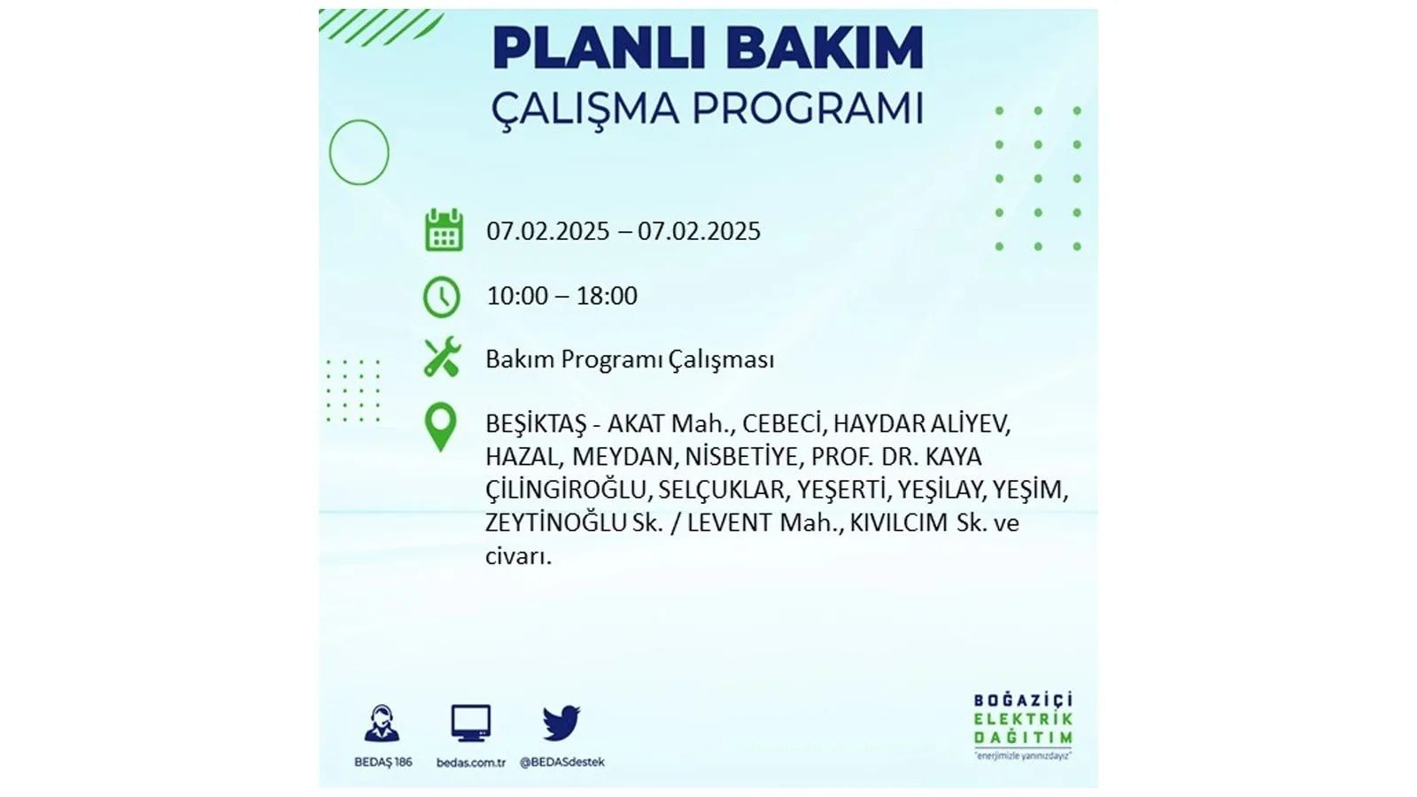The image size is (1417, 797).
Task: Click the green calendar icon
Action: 444,230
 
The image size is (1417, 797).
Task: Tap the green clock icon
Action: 442,297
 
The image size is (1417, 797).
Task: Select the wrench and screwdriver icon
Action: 442,358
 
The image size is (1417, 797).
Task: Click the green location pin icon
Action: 440,427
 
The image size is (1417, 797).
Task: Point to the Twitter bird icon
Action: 561,723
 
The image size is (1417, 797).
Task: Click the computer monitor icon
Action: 470,723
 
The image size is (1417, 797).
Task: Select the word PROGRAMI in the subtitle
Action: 808,109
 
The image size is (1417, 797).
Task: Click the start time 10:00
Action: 517,296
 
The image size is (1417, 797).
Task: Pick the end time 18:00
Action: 607,296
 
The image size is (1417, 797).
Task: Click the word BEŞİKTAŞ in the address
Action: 536,424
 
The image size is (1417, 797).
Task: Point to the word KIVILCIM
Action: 899,523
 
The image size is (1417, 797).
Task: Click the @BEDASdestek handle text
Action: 561,762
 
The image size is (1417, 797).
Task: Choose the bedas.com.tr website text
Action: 470,762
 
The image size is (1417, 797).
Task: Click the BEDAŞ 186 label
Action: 383,762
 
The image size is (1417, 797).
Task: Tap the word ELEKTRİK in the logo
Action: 1023,719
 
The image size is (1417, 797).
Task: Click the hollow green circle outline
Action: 329,152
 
